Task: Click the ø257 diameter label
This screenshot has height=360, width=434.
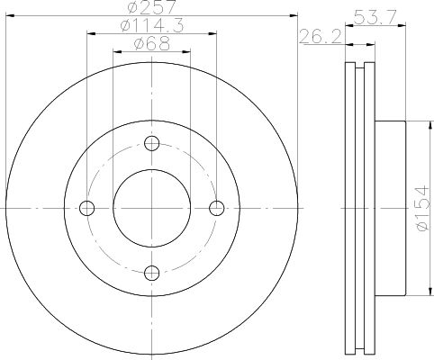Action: coord(151,7)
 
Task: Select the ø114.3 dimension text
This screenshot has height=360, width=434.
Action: coord(151,25)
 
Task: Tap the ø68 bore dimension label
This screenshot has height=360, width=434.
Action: coord(152,44)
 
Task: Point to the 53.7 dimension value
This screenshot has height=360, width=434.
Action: coord(375,17)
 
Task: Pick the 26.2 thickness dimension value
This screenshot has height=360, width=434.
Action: coord(321,37)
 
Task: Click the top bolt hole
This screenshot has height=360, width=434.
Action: coord(152,143)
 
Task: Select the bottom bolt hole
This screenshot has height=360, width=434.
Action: coord(152,273)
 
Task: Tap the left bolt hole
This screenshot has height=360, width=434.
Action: coord(87,208)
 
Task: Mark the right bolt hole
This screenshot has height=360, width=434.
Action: coord(217,208)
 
